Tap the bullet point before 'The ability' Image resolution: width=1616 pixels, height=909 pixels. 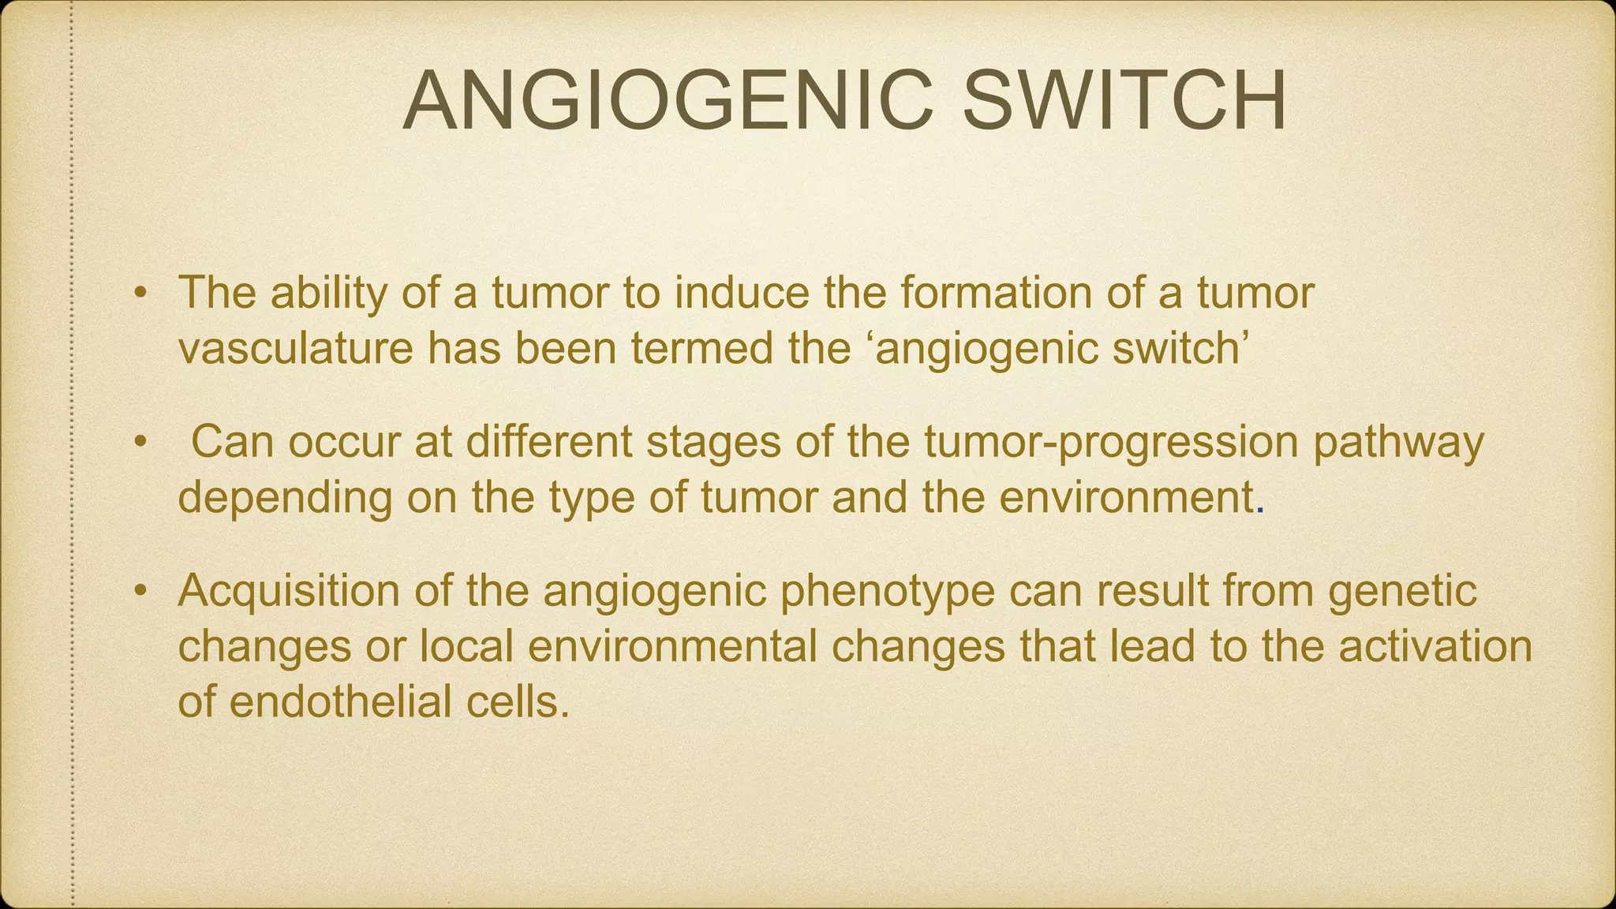140,294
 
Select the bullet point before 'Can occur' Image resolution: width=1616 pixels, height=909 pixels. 140,443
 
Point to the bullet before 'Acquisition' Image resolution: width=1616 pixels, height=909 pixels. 140,591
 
